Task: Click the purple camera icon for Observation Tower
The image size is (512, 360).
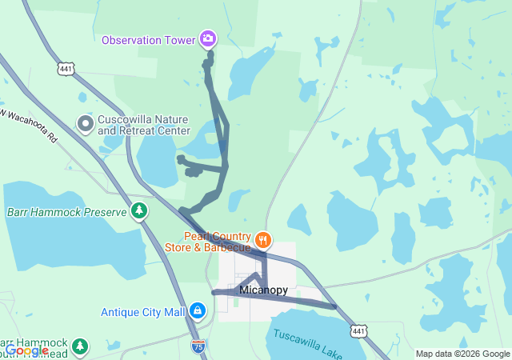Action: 208,38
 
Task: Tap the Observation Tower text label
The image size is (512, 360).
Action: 149,39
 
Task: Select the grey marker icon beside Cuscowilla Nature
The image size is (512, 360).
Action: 85,124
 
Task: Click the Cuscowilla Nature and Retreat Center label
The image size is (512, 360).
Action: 144,125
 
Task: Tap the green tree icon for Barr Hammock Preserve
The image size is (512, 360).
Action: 140,211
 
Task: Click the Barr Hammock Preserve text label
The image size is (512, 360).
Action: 67,212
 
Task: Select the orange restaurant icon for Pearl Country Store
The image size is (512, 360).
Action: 263,239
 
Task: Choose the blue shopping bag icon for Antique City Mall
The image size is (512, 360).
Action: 198,310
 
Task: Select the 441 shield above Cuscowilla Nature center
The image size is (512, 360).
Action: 66,70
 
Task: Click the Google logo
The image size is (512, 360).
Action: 26,350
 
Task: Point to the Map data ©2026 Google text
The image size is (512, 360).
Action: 462,354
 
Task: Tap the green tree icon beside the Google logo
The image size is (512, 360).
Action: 78,346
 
